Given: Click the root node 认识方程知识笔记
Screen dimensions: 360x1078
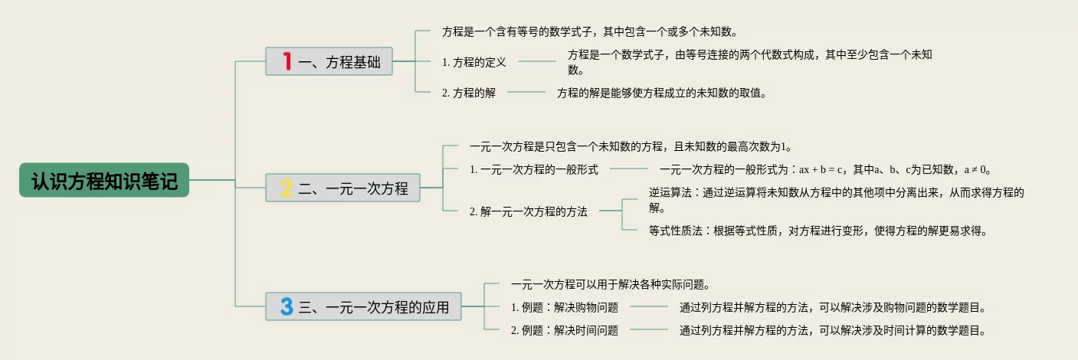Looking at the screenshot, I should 104,181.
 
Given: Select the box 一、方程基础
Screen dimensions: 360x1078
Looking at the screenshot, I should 329,61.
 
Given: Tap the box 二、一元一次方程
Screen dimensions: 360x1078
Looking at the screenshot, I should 342,188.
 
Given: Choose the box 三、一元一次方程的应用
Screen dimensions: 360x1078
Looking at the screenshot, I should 363,307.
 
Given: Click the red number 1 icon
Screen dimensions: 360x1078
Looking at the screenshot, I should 287,61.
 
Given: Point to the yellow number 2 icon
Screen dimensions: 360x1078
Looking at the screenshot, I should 287,188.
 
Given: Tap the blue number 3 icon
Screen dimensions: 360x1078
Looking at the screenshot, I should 287,307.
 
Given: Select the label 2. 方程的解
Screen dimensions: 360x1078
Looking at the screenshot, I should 469,93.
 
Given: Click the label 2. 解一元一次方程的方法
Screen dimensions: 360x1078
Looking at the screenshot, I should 529,211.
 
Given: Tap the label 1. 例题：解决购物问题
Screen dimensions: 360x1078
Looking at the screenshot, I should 565,308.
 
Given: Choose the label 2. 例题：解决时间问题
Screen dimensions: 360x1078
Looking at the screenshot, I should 565,331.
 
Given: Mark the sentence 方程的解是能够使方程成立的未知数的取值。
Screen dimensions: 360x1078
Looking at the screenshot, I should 662,93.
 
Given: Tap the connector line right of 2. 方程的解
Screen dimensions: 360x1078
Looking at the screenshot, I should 526,92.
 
